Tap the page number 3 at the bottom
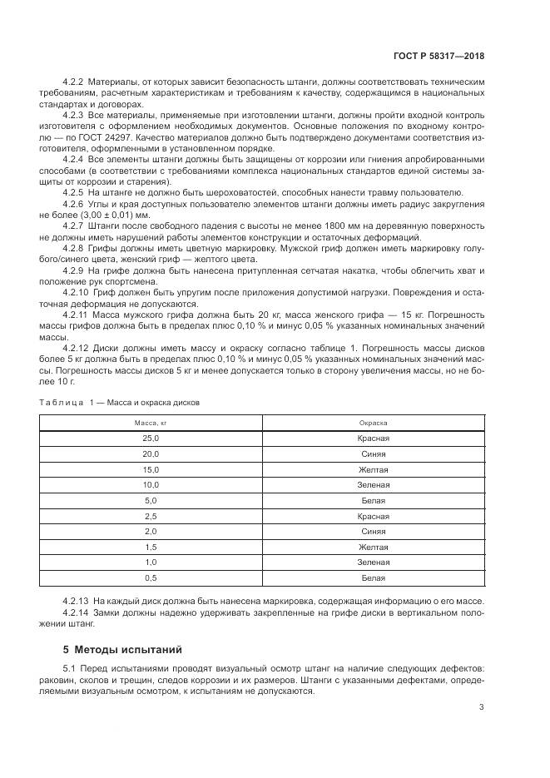pyautogui.click(x=481, y=707)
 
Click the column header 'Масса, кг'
pyautogui.click(x=151, y=423)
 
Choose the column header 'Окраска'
pyautogui.click(x=374, y=423)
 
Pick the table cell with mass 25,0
pyautogui.click(x=151, y=439)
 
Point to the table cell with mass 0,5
pyautogui.click(x=151, y=577)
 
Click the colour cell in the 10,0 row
pyautogui.click(x=374, y=484)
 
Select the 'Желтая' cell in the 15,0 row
pyautogui.click(x=374, y=469)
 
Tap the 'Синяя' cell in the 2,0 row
pyautogui.click(x=374, y=531)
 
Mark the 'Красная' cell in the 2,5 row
pyautogui.click(x=374, y=516)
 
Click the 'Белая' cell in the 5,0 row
pyautogui.click(x=374, y=500)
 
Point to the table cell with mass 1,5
pyautogui.click(x=151, y=547)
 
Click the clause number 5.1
pyautogui.click(x=70, y=670)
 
